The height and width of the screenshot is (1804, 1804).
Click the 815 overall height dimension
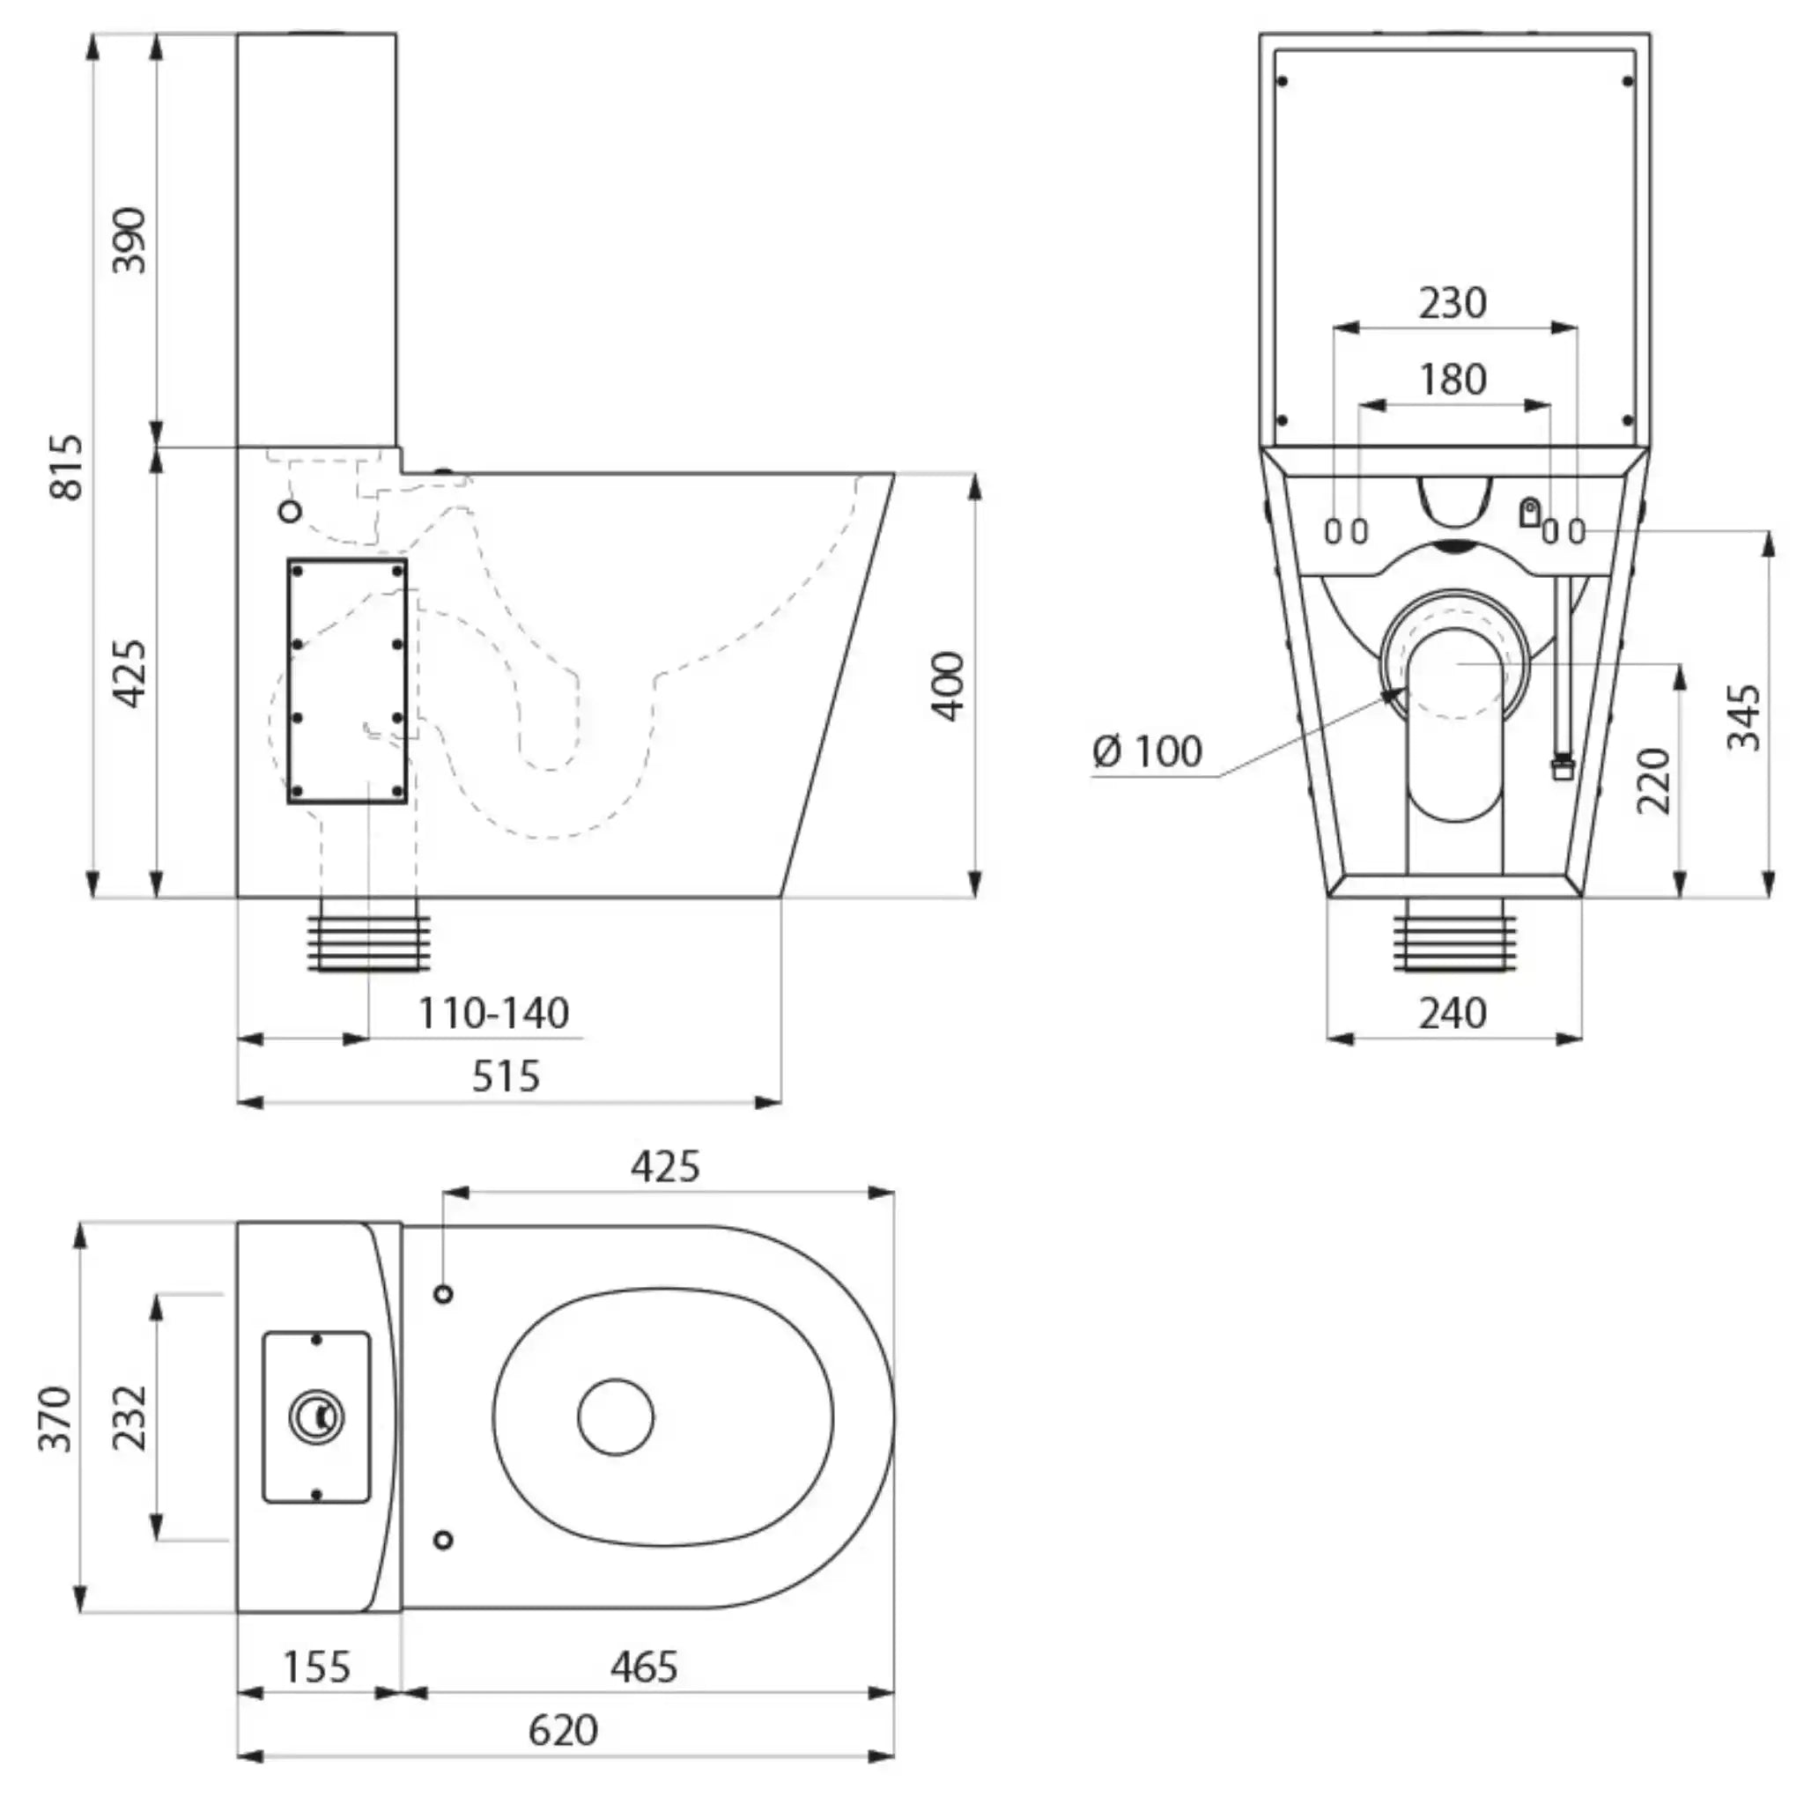click(67, 466)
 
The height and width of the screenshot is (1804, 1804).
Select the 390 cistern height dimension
click(129, 240)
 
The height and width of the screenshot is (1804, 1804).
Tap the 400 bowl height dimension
click(949, 685)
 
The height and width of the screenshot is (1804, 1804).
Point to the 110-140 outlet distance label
click(493, 1014)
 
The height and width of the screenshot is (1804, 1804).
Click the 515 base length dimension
click(505, 1076)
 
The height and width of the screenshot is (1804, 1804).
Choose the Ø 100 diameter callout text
click(1149, 751)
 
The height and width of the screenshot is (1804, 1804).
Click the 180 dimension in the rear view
click(1453, 379)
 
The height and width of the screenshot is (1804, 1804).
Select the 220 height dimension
click(1653, 780)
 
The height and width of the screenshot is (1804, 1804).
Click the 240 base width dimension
click(1453, 1014)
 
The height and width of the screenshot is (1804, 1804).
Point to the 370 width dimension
click(56, 1418)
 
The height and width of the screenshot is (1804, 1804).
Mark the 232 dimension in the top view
click(129, 1418)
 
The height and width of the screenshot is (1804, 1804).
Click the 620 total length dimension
click(563, 1729)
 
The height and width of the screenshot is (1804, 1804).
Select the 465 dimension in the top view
click(644, 1667)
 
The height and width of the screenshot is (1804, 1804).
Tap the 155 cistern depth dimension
click(317, 1667)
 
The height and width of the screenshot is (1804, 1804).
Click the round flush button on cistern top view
click(316, 1417)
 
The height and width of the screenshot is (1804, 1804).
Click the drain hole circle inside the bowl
click(616, 1416)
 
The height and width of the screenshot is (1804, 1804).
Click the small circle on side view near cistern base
click(292, 511)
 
